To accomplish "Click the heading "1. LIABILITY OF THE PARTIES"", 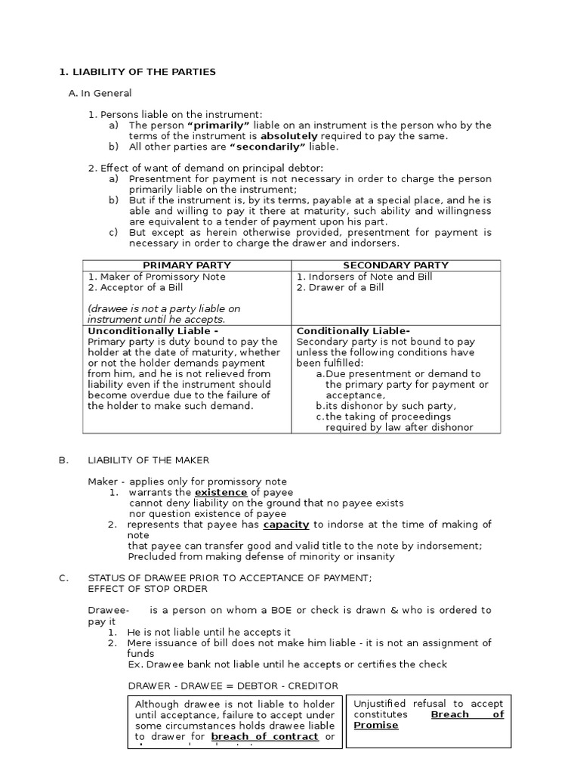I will click(137, 72).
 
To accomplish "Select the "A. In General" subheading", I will click(100, 93).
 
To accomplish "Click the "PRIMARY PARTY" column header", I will click(187, 265).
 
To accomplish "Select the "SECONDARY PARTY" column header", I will click(396, 265).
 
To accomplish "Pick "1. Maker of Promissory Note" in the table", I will click(156, 277).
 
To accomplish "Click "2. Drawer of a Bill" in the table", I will click(340, 287).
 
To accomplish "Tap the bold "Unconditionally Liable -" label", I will click(153, 331).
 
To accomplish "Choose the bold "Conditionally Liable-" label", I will click(353, 331).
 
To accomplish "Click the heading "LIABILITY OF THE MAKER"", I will click(149, 460).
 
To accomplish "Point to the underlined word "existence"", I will click(222, 493).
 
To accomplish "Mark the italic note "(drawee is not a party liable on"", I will click(164, 308).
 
